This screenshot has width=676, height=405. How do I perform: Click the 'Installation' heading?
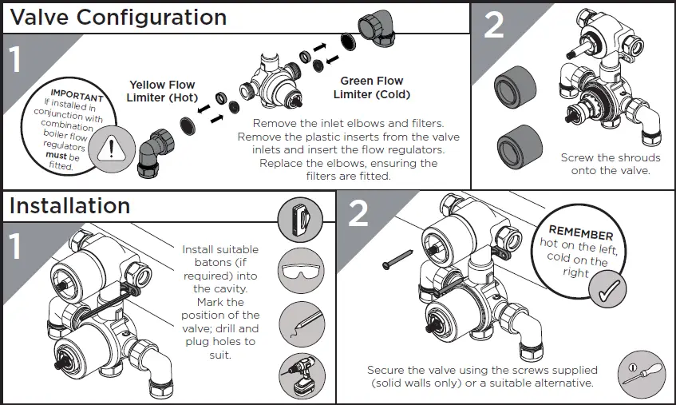pyautogui.click(x=69, y=205)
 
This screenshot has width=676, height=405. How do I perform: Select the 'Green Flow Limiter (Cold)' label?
pyautogui.click(x=371, y=88)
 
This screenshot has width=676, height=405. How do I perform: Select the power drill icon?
pyautogui.click(x=301, y=375)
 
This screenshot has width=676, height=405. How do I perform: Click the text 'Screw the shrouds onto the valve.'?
pyautogui.click(x=611, y=164)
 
